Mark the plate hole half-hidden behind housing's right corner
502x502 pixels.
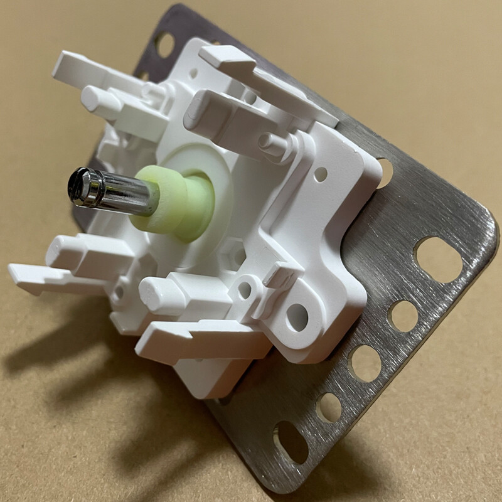385,172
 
